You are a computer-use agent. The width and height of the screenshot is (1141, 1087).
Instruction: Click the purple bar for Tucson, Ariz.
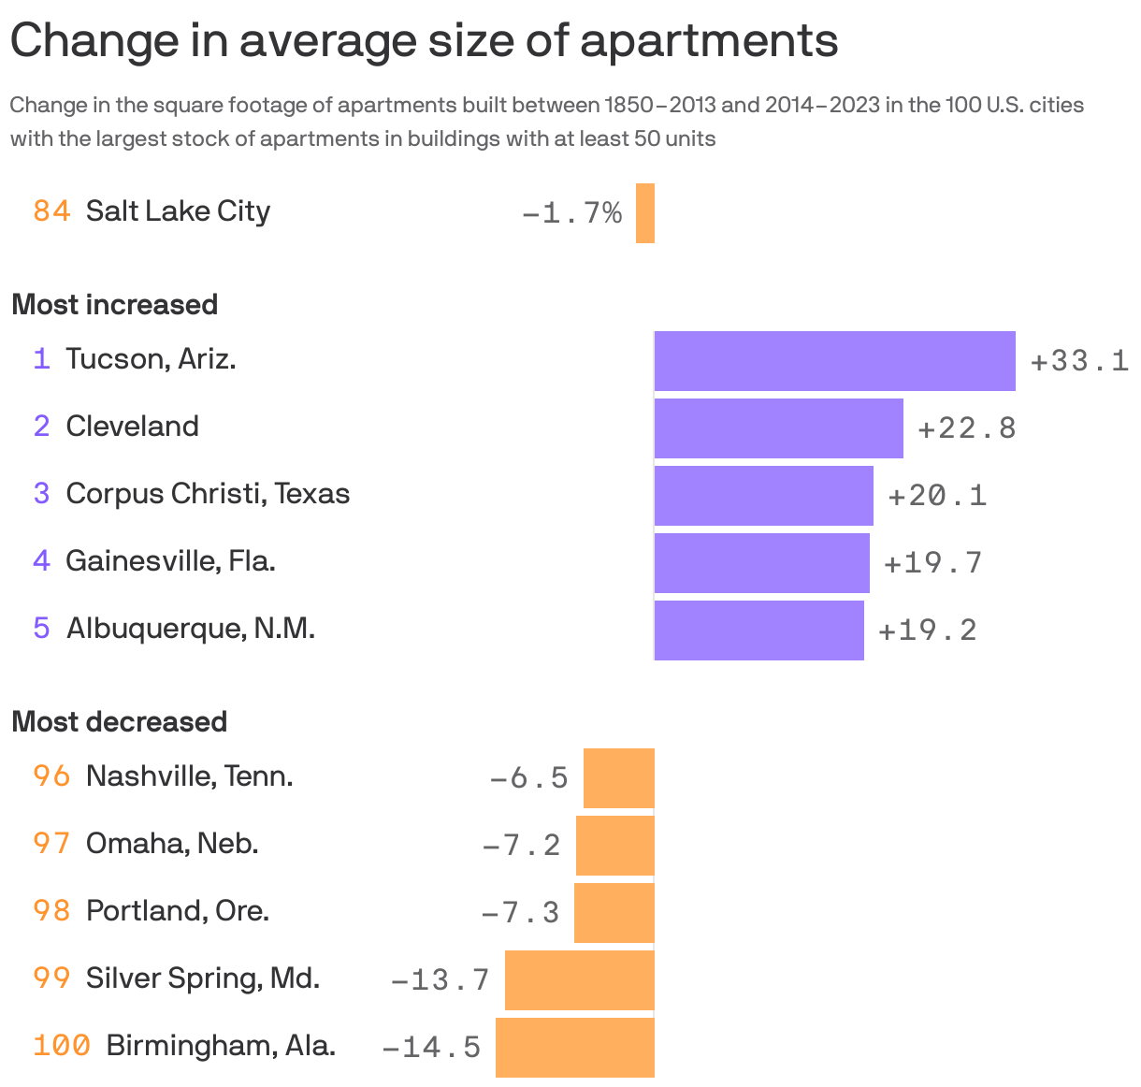coord(834,360)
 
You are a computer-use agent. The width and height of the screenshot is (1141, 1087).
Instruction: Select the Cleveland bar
coord(778,428)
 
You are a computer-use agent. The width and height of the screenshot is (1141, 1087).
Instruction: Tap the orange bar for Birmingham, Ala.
coord(574,1047)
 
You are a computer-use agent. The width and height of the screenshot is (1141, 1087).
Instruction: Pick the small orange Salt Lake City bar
coord(644,213)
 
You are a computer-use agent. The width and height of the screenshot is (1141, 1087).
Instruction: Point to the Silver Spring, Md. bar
coord(579,979)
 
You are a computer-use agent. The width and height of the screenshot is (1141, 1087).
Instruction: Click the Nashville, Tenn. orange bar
coord(618,777)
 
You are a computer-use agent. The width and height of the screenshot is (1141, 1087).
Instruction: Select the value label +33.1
coord(1079,361)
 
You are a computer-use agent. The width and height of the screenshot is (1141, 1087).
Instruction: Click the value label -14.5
coord(431,1047)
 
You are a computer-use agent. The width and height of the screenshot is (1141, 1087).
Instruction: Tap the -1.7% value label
coord(571,214)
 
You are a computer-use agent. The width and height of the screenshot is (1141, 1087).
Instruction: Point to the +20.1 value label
coord(936,495)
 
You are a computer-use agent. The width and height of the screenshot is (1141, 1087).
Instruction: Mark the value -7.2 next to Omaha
coord(521,845)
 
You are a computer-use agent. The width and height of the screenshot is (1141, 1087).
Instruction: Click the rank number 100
coord(62,1045)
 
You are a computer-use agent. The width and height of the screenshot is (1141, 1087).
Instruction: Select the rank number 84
coord(51,211)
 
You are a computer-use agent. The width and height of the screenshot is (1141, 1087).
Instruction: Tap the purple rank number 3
coord(41,494)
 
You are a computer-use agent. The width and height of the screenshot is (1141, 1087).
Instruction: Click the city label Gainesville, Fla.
coord(170,561)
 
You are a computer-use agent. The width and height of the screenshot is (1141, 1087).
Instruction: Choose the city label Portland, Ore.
coord(178,911)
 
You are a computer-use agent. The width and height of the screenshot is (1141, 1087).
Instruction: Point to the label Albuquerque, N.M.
coord(190,628)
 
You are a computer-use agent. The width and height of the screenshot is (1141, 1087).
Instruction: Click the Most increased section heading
coord(114,305)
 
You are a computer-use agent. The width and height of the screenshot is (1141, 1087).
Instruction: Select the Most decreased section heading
coord(119,722)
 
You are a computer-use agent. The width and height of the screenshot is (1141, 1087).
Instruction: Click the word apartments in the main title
coord(708,41)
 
